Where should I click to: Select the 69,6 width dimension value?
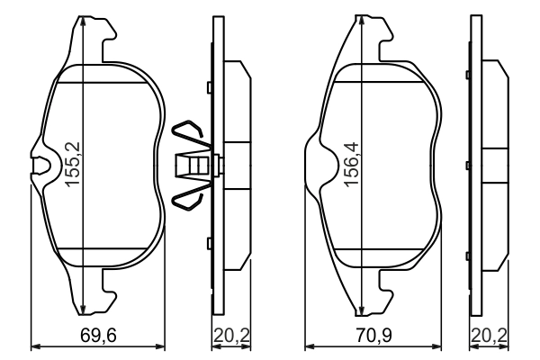tap(98, 337)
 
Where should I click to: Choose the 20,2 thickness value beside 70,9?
tap(487, 337)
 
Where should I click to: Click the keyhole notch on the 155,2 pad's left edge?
tap(41, 165)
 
